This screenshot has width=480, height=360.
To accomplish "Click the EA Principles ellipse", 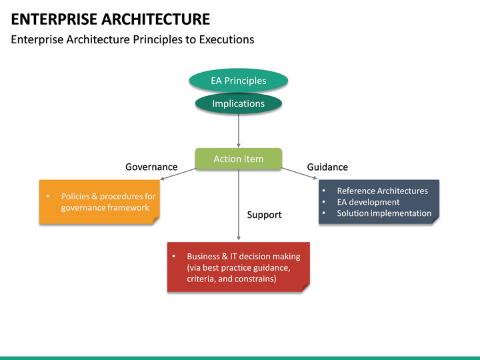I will tap(238, 81).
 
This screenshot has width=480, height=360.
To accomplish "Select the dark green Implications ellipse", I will tap(238, 103).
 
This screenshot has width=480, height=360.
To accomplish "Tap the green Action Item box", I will tap(238, 159).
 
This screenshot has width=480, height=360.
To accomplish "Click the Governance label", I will tap(151, 167).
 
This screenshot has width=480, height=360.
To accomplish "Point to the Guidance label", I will tap(327, 167).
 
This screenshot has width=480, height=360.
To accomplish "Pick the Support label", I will tap(264, 215).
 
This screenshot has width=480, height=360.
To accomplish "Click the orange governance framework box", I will tap(99, 202).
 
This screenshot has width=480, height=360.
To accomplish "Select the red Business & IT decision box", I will tap(238, 267).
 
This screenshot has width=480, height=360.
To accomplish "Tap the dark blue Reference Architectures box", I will tap(379, 201).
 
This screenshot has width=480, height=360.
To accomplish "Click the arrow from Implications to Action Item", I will tap(239, 130).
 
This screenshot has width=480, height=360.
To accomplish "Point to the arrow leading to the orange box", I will tap(179, 173).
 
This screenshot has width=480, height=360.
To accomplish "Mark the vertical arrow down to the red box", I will tap(239, 207).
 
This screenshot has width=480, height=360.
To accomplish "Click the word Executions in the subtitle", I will tap(227, 39).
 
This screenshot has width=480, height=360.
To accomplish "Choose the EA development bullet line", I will tap(368, 202).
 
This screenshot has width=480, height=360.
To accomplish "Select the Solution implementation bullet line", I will tap(384, 213).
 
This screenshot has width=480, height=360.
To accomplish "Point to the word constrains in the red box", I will tap(255, 279).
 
